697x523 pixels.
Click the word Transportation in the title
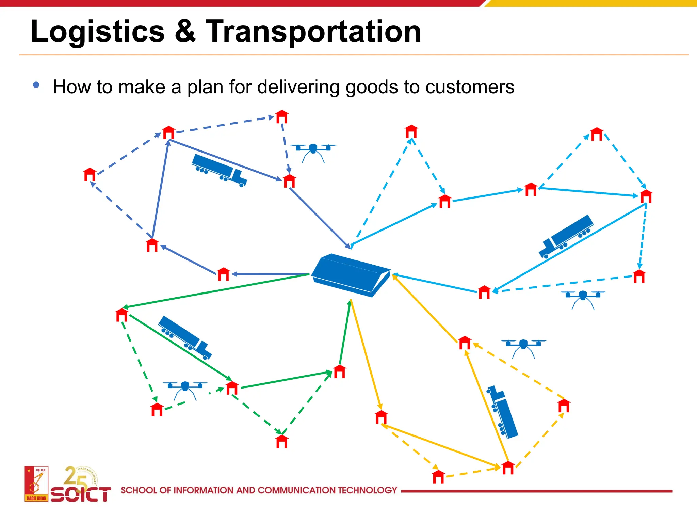tap(313, 31)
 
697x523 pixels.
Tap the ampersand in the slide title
tap(185, 31)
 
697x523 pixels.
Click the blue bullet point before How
tap(36, 85)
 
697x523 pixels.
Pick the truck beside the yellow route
tap(503, 412)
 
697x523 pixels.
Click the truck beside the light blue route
tap(566, 236)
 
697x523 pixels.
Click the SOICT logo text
tap(81, 494)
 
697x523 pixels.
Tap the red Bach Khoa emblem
tap(36, 484)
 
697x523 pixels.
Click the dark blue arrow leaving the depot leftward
tap(271, 274)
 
